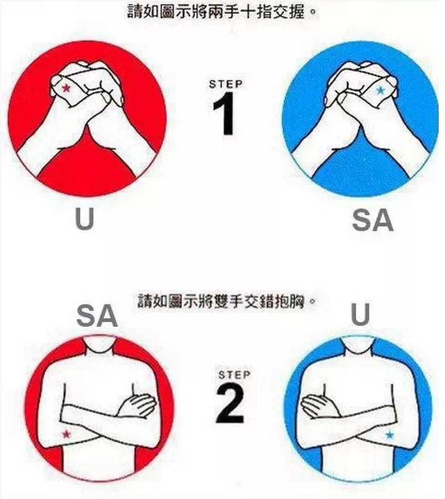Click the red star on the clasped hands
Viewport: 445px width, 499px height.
coord(66,88)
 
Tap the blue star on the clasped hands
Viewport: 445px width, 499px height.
coord(380,91)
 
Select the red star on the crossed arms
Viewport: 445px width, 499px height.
coord(66,434)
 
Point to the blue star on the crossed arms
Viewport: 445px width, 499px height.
coord(389,434)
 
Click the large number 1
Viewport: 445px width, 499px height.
coord(224,114)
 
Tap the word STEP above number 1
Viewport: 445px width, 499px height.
coord(226,84)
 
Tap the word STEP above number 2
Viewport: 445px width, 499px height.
coord(234,375)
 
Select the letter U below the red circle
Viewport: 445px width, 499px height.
coord(85,219)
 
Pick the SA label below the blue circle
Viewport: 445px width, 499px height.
coord(373,220)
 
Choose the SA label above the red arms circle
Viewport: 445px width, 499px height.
coord(97,316)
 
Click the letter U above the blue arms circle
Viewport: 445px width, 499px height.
coord(360,314)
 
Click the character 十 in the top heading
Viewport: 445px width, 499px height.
coord(255,12)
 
